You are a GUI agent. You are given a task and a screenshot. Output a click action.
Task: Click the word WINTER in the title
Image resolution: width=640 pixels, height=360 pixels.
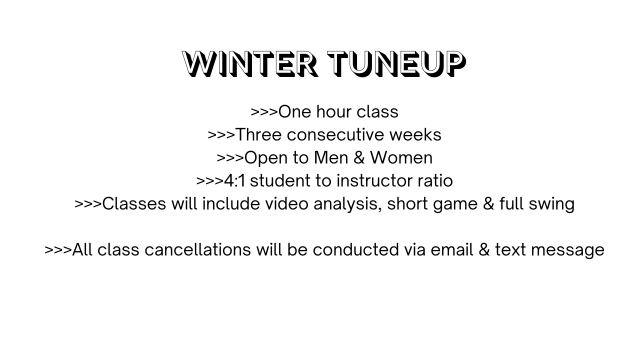tap(250, 64)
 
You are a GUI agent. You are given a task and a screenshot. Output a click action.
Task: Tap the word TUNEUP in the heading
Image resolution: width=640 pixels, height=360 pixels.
tap(396, 64)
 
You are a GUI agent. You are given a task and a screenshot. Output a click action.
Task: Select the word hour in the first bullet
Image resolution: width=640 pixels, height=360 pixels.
tap(333, 111)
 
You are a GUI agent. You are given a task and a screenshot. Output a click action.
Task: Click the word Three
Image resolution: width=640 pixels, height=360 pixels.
tap(259, 134)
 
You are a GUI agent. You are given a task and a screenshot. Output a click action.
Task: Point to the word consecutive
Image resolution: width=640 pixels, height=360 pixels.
tap(335, 134)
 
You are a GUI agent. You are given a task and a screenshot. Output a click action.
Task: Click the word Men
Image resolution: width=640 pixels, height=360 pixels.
tap(331, 157)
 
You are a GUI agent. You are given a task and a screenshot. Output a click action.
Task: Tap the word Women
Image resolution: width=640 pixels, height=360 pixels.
tap(401, 157)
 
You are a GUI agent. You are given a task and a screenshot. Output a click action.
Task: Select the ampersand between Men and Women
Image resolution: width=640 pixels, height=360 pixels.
tap(359, 157)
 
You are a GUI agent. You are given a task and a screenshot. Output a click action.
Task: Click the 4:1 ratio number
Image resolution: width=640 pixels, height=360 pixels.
tap(234, 181)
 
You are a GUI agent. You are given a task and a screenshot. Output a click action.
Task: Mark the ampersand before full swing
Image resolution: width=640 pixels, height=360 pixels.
tap(488, 203)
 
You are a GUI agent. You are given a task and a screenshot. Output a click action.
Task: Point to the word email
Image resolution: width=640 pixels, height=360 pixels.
tap(452, 249)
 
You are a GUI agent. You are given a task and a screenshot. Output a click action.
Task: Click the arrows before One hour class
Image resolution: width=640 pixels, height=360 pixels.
tap(264, 112)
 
